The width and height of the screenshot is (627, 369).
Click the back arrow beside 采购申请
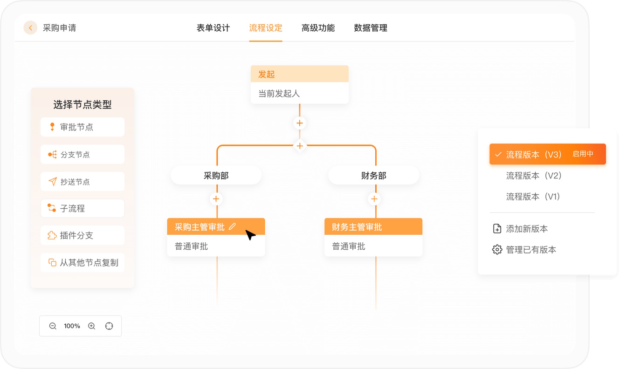click(30, 28)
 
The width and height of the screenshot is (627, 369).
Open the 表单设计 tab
click(213, 28)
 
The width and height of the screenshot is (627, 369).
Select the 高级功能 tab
click(318, 28)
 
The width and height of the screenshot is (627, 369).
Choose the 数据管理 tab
click(371, 28)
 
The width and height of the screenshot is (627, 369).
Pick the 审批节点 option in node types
click(83, 127)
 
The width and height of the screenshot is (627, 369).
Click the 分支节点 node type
click(83, 155)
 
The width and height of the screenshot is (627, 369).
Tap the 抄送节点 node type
click(83, 182)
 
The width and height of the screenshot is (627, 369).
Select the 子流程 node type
click(83, 209)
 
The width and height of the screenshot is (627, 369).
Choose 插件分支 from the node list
click(83, 236)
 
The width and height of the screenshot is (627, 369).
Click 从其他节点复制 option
click(83, 263)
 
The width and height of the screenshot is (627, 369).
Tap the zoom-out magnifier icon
click(53, 326)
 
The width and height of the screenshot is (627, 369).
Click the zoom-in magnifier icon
click(92, 326)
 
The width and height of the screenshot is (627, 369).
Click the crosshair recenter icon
click(109, 326)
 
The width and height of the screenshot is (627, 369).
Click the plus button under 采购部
click(216, 199)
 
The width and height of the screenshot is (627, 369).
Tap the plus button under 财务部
click(374, 199)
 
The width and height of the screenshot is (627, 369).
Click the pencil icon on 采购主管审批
click(232, 226)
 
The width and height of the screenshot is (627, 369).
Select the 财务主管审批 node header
click(373, 227)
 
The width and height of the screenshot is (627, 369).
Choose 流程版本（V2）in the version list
click(533, 176)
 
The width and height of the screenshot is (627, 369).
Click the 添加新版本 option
click(526, 229)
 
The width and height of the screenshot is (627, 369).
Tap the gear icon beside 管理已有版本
click(497, 250)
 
